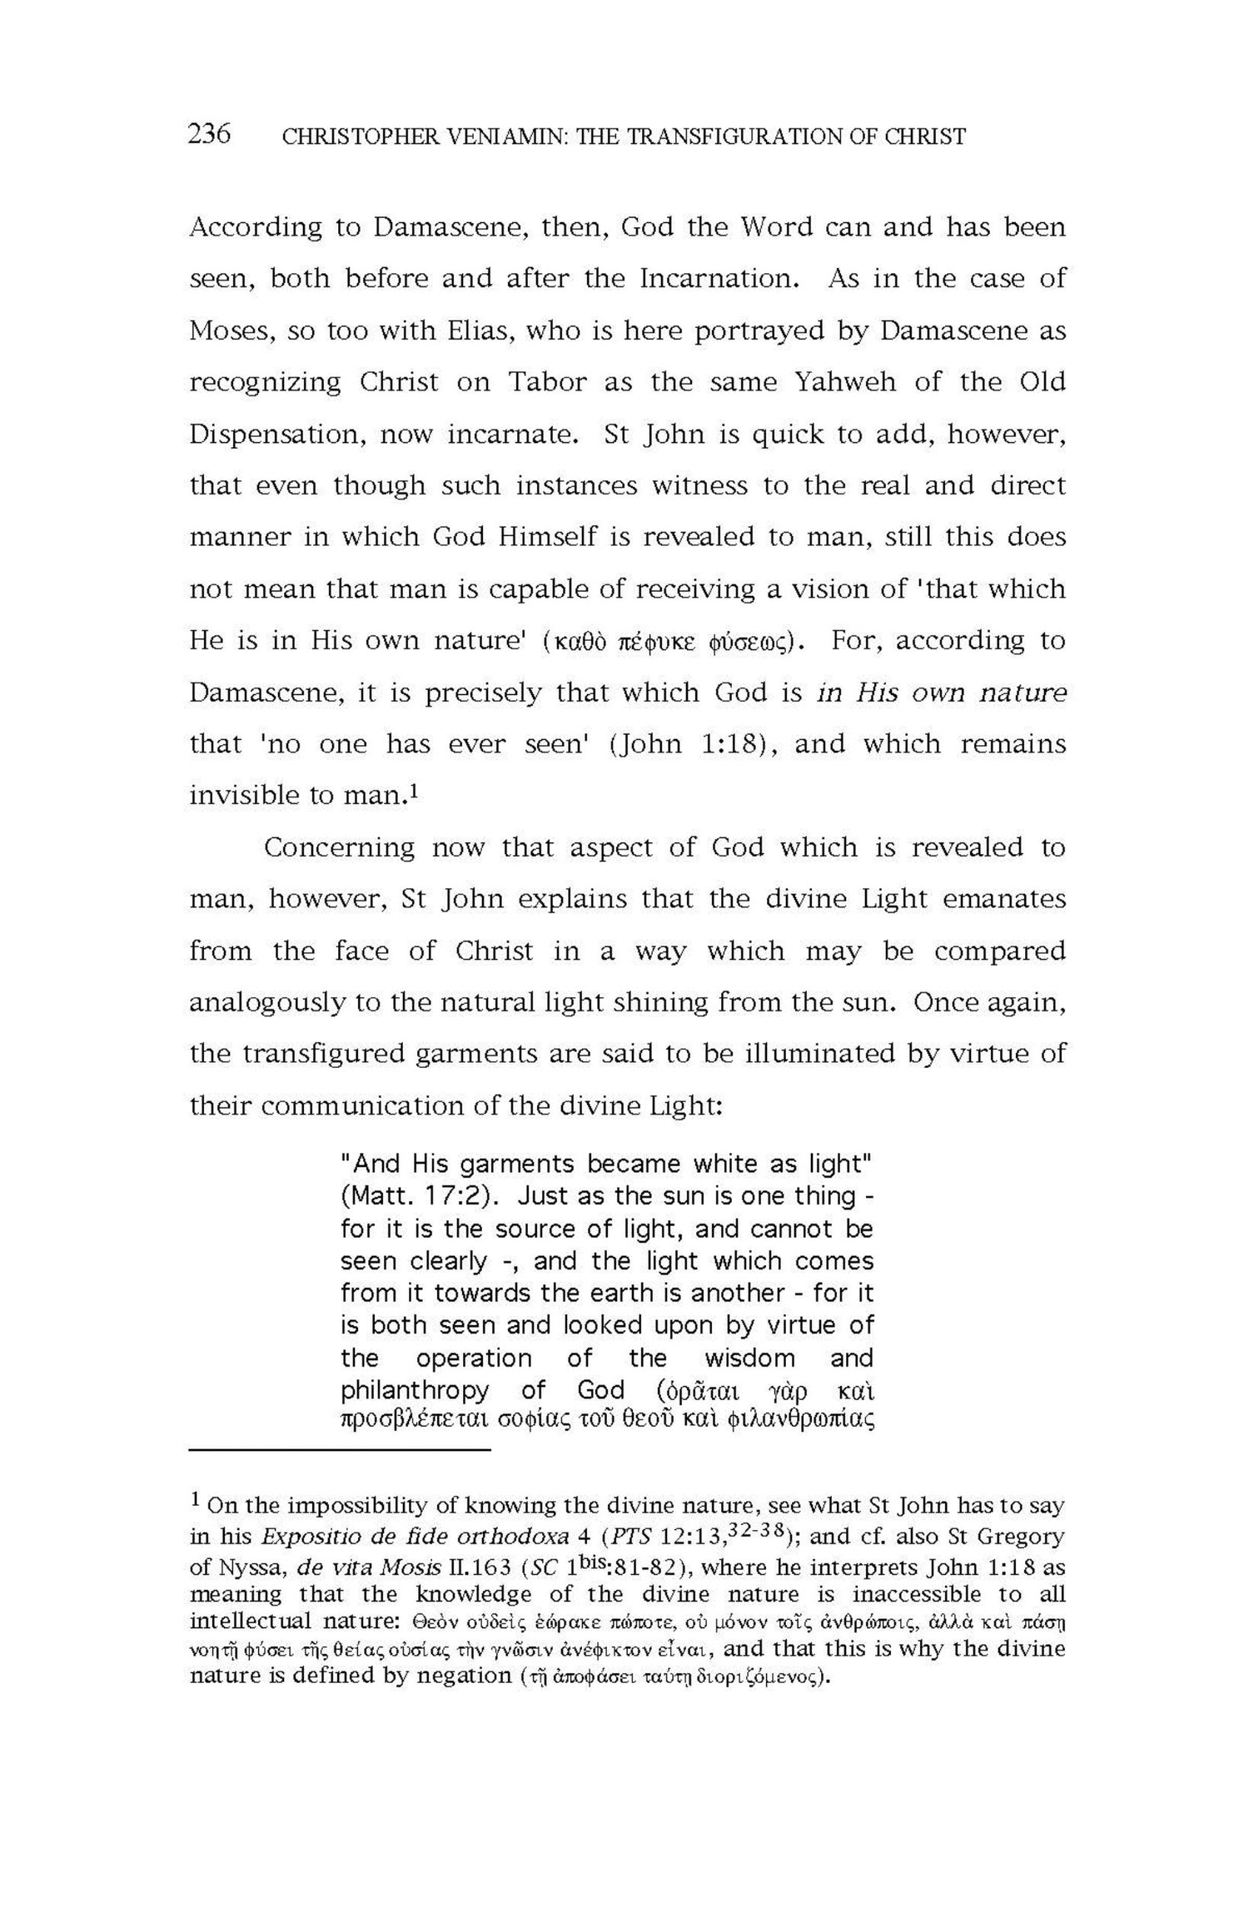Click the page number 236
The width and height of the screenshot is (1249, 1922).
[x=209, y=134]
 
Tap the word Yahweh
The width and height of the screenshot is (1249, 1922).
[x=846, y=382]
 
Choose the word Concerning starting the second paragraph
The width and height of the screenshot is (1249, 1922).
[x=339, y=848]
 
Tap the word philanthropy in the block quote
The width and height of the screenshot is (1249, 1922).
[x=414, y=1391]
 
